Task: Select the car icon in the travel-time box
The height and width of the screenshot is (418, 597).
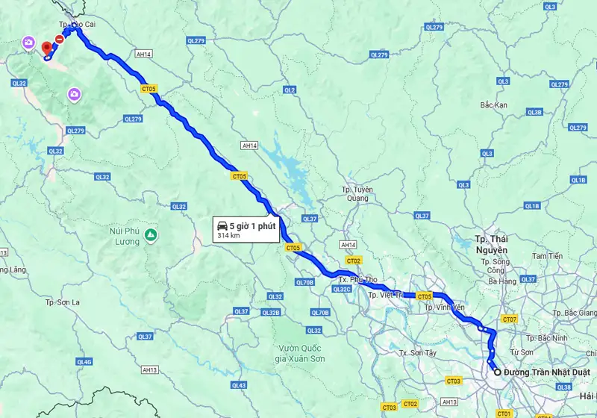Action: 222,225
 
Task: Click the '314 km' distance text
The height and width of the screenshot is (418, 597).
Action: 228,235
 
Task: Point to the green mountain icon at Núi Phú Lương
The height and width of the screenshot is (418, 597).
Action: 151,235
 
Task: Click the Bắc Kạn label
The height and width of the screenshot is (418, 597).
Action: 494,105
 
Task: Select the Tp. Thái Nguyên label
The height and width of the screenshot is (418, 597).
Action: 491,243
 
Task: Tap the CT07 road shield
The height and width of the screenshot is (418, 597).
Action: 510,319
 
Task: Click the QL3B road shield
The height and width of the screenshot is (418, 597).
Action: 534,112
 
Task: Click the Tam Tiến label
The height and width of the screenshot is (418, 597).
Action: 547,256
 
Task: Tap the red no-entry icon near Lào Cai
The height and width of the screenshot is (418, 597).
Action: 59,38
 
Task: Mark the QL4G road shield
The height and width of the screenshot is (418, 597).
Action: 85,362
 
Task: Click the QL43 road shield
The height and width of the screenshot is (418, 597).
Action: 239,385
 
